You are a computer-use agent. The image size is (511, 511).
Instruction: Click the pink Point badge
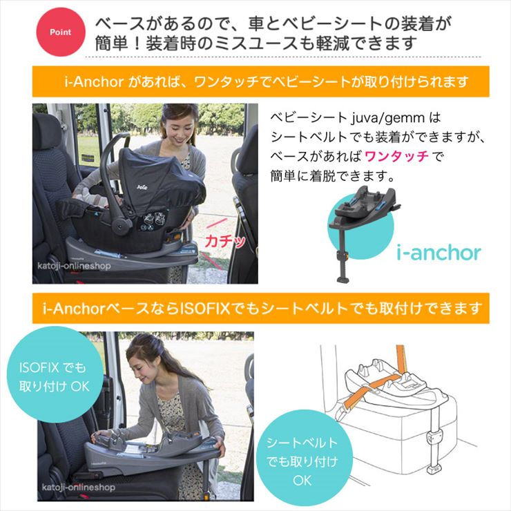tap(59, 32)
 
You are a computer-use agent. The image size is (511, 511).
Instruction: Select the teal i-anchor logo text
tap(438, 252)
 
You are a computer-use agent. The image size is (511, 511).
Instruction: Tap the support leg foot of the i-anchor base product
tap(343, 276)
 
